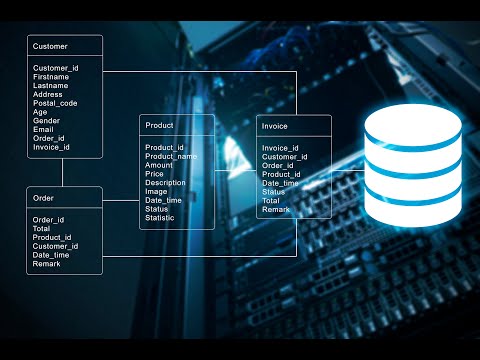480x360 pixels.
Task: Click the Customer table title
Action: [x=50, y=47]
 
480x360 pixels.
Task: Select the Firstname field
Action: [x=51, y=76]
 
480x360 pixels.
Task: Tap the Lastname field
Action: [x=51, y=85]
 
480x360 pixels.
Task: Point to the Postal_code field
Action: [x=55, y=103]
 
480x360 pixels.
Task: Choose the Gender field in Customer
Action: [x=46, y=121]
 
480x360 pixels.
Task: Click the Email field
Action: [x=43, y=129]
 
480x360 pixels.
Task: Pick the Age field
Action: [x=40, y=112]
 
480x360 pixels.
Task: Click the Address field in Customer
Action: [x=48, y=94]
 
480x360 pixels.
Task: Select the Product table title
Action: [x=159, y=126]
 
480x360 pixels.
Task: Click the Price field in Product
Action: [x=154, y=174]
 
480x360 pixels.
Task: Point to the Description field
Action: [x=165, y=183]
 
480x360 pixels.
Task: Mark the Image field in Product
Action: [x=157, y=191]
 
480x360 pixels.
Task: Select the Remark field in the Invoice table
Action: [x=275, y=210]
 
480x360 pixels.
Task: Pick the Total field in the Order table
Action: [x=42, y=228]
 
